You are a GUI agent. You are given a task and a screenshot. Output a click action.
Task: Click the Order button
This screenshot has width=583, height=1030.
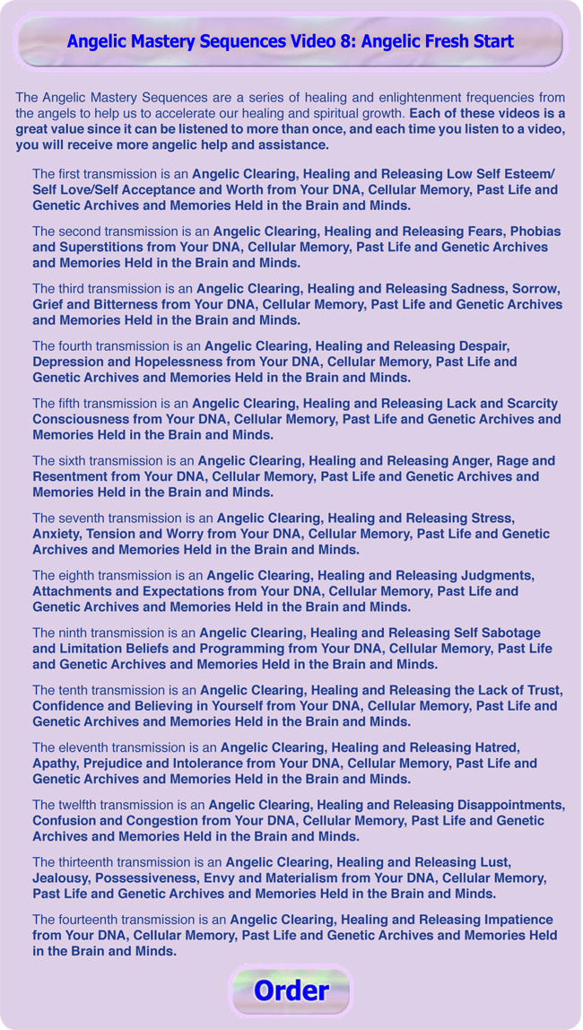click(x=291, y=991)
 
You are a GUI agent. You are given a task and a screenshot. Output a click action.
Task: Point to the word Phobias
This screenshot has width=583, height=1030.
click(x=530, y=231)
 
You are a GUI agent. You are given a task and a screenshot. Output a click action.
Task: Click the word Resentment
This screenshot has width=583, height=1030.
click(x=71, y=476)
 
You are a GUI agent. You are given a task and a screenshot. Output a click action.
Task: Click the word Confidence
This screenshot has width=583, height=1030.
click(x=68, y=706)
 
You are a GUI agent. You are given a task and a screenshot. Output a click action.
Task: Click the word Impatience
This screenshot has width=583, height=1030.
click(x=510, y=920)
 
